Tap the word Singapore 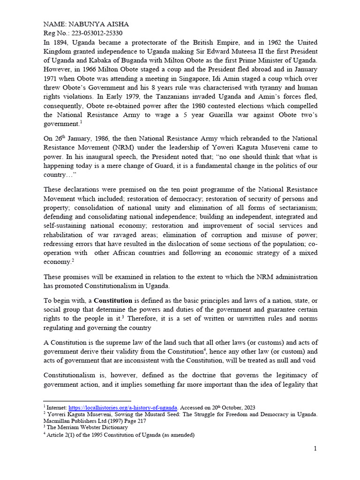pyautogui.click(x=232, y=78)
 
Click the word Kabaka pyautogui.click(x=98, y=60)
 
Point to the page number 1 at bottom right pyautogui.click(x=315, y=449)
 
